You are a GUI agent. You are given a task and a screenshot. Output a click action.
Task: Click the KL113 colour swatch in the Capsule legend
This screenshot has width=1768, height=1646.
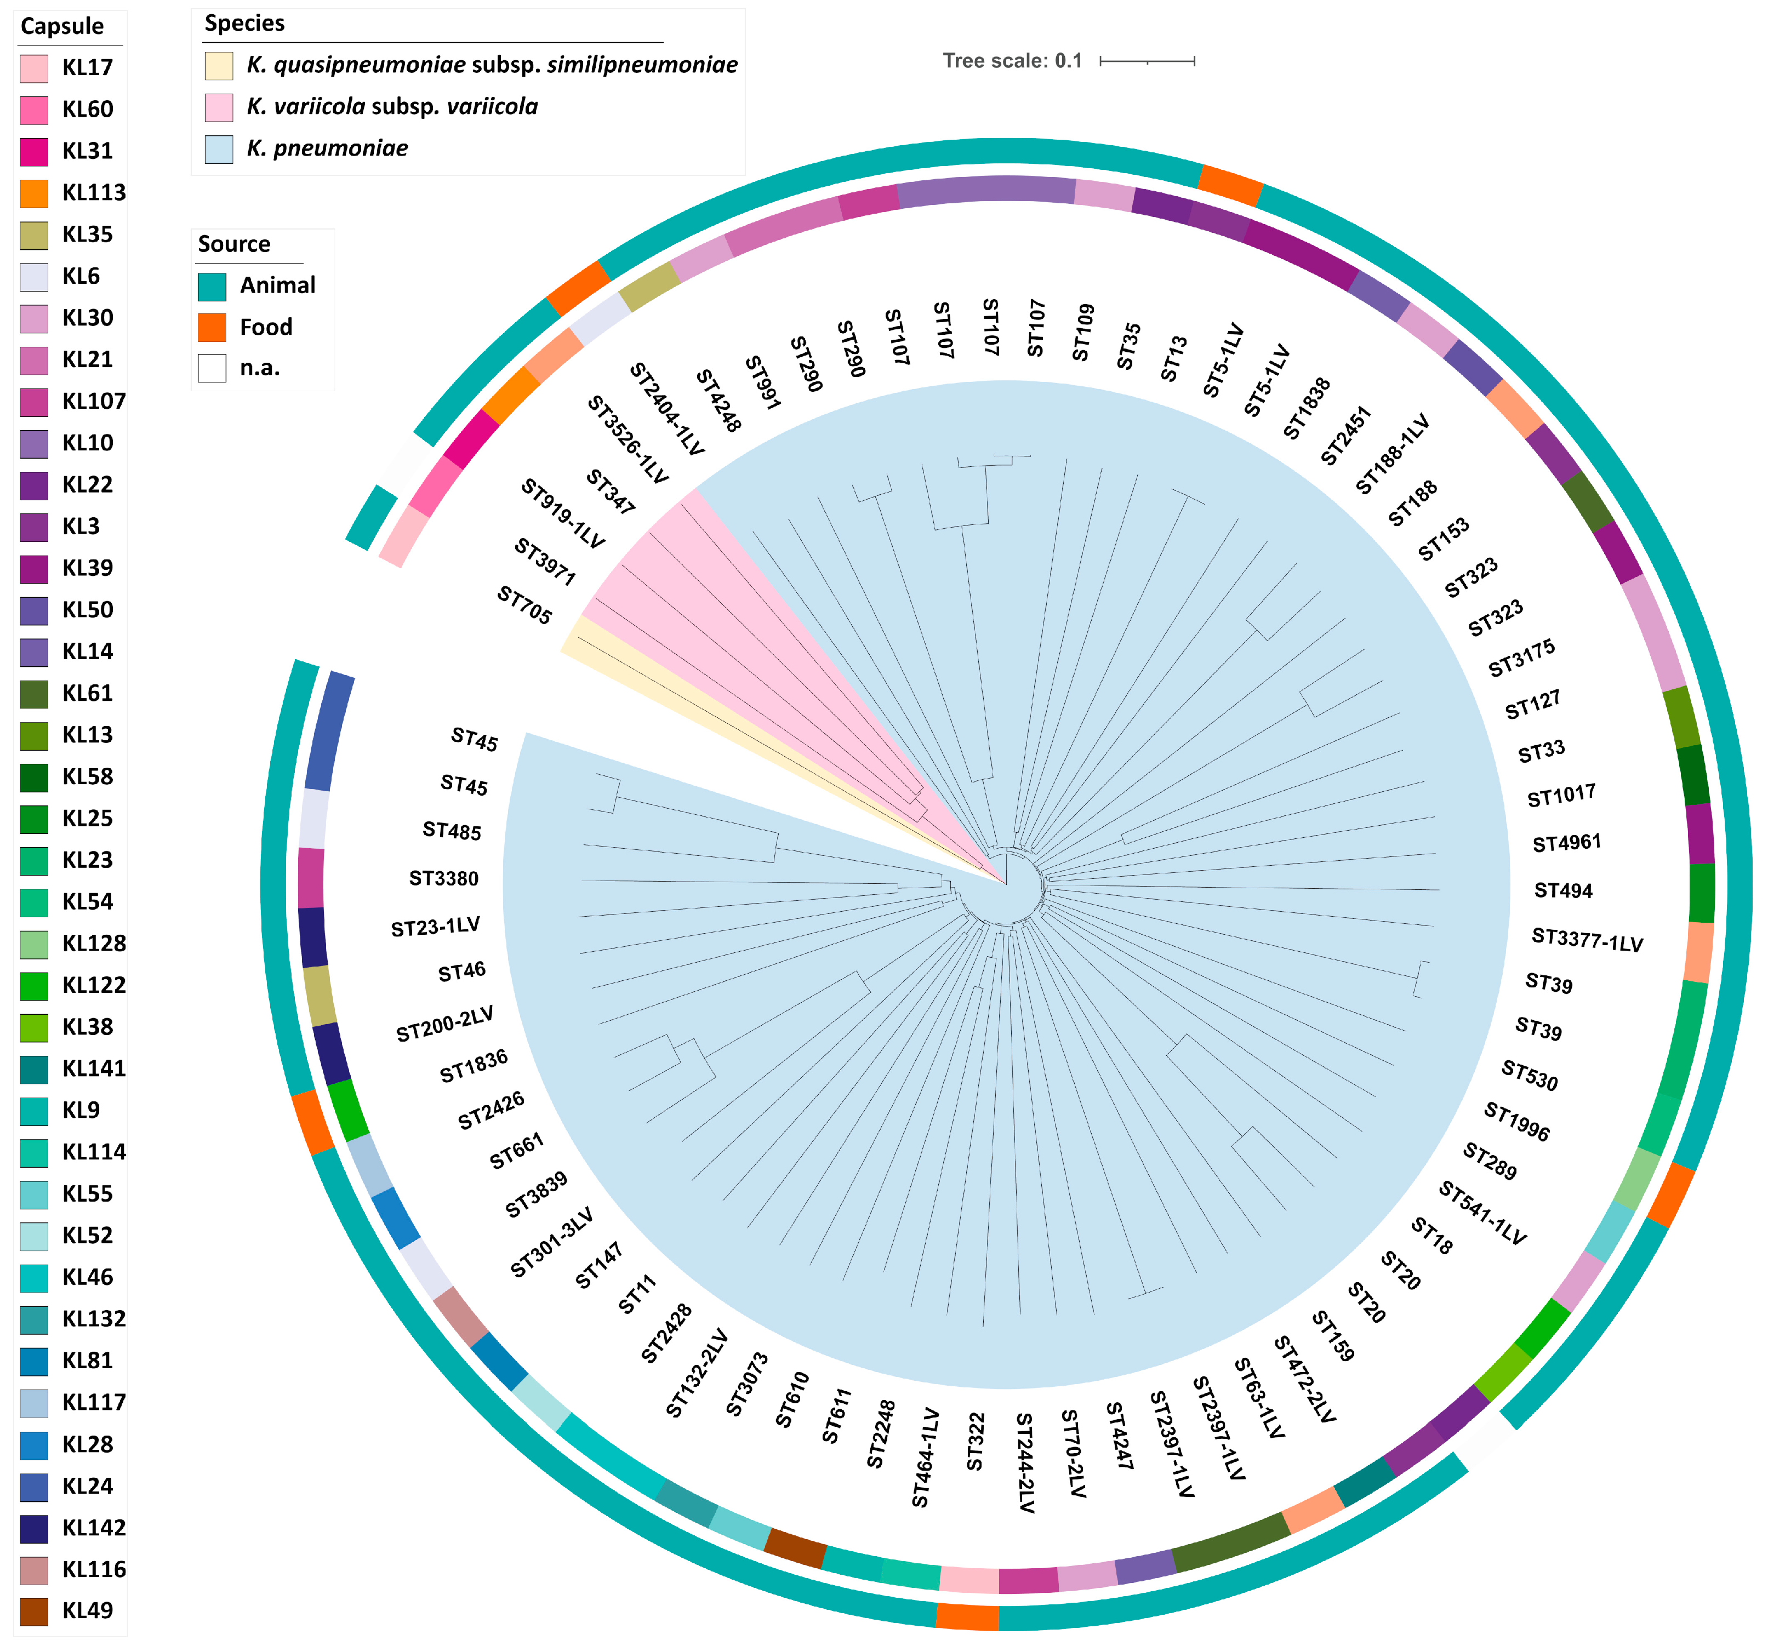pyautogui.click(x=34, y=193)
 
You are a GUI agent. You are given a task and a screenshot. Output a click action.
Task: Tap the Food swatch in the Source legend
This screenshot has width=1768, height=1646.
pyautogui.click(x=212, y=327)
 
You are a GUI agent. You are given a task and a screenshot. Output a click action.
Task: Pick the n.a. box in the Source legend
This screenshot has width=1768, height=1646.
pyautogui.click(x=212, y=368)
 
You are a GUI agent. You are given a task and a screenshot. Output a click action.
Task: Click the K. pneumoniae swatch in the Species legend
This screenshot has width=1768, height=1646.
pyautogui.click(x=219, y=148)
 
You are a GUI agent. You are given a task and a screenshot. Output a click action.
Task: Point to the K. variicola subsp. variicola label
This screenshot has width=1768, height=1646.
pyautogui.click(x=392, y=107)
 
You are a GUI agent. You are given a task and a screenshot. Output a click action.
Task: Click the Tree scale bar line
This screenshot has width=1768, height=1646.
pyautogui.click(x=1147, y=61)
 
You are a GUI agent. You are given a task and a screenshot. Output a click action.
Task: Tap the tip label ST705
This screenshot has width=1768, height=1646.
pyautogui.click(x=524, y=605)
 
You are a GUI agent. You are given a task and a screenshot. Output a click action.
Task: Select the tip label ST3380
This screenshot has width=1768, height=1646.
pyautogui.click(x=444, y=878)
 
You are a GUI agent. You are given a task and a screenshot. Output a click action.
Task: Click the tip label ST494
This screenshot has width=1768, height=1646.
pyautogui.click(x=1564, y=890)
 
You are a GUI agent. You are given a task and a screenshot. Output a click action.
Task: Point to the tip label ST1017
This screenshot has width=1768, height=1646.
pyautogui.click(x=1561, y=795)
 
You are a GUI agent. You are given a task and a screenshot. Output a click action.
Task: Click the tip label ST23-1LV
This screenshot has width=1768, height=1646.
pyautogui.click(x=435, y=927)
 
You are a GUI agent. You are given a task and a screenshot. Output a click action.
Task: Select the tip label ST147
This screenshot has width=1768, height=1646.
pyautogui.click(x=598, y=1265)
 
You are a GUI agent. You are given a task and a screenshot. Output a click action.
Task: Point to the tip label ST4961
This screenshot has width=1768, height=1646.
pyautogui.click(x=1566, y=842)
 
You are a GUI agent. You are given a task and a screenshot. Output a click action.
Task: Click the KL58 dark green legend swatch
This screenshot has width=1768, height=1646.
pyautogui.click(x=34, y=777)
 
